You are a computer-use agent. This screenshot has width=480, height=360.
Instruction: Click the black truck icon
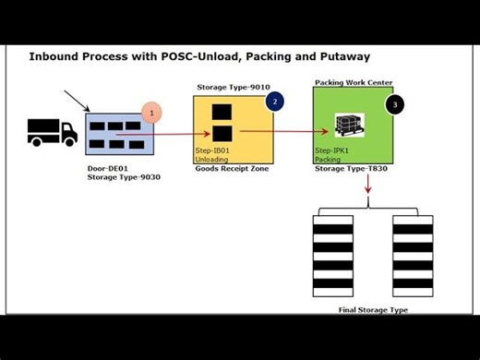(x=53, y=132)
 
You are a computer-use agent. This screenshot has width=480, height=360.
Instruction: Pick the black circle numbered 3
(x=395, y=104)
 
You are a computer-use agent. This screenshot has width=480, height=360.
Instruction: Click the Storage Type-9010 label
(x=231, y=88)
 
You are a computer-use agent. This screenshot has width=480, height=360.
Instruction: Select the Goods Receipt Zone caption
(x=232, y=170)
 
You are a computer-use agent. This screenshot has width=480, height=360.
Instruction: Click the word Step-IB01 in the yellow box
(x=213, y=150)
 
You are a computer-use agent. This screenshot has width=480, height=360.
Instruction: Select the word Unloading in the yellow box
(x=211, y=159)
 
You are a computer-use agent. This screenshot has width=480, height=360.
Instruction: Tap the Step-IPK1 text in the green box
(x=333, y=150)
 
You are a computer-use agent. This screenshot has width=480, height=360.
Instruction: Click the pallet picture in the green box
(x=349, y=123)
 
